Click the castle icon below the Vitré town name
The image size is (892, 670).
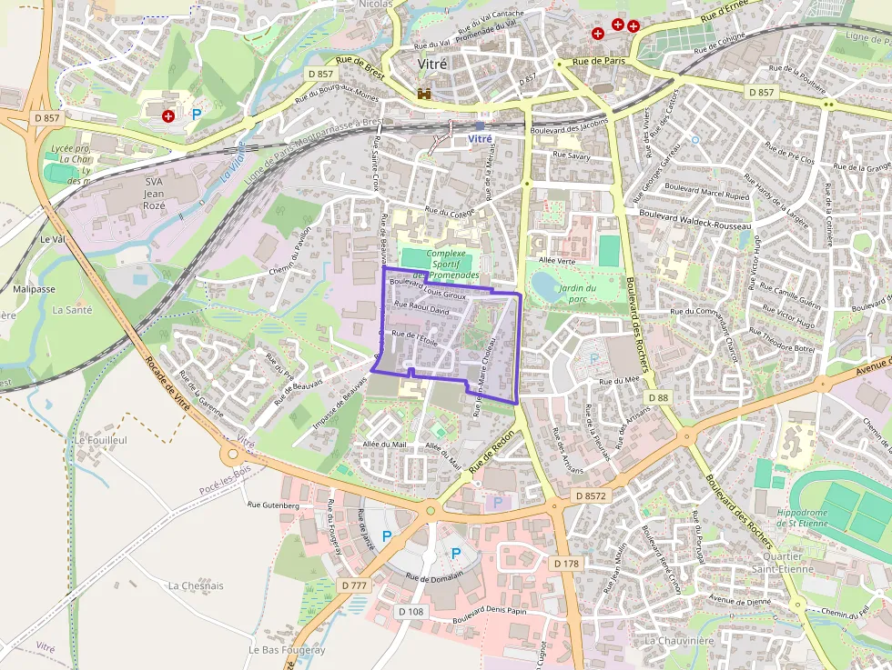click(x=424, y=93)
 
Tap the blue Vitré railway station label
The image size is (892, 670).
click(x=479, y=138)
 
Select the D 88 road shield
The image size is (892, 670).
click(x=658, y=398)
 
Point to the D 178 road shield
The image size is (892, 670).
click(x=565, y=564)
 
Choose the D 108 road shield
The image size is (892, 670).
click(x=411, y=612)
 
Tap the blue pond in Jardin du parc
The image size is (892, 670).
click(x=546, y=287)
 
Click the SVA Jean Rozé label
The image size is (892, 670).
click(x=154, y=194)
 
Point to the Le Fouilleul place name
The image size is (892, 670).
click(x=100, y=440)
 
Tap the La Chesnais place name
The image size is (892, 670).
click(x=196, y=585)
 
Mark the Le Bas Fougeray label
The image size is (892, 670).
click(x=287, y=650)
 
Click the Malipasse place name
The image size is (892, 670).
click(x=34, y=289)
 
